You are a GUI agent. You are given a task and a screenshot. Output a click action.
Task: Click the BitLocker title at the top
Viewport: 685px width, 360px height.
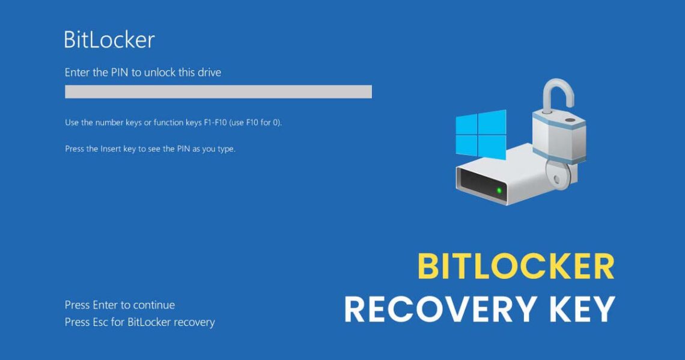[109, 40]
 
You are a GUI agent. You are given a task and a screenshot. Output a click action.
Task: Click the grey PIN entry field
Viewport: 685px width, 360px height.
[218, 91]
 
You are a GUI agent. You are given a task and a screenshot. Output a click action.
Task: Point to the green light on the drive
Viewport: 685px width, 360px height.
[499, 191]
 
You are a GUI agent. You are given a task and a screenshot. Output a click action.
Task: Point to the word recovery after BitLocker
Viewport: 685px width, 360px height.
[194, 323]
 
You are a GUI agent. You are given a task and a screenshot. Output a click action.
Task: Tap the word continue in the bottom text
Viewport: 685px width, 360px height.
[154, 305]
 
